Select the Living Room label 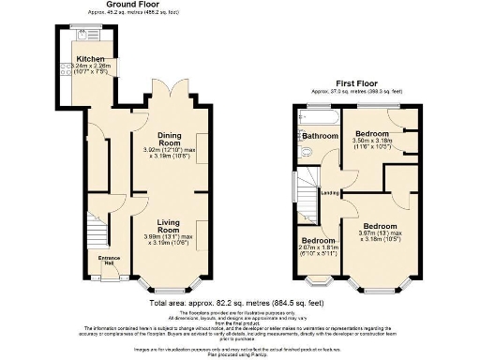point(168,225)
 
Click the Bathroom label point(320,136)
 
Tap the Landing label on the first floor point(329,194)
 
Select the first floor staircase point(306,191)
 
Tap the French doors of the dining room point(167,100)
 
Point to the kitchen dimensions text point(82,67)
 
